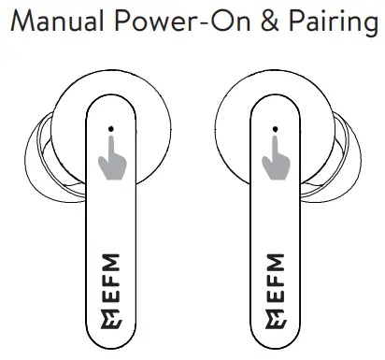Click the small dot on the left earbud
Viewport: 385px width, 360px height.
pos(110,129)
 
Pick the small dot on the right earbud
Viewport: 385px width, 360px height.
pos(274,129)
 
